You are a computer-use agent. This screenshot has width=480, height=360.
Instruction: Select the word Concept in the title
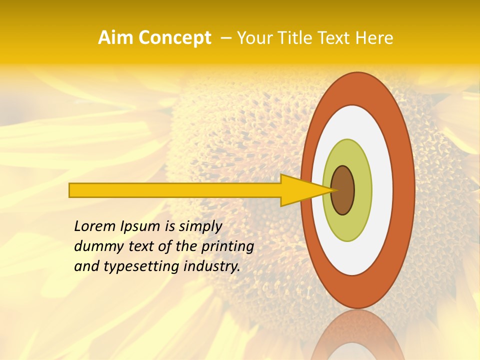(x=174, y=38)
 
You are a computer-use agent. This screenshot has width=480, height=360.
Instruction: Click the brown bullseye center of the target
(x=343, y=190)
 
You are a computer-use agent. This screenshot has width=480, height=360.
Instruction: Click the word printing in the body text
(x=227, y=247)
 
